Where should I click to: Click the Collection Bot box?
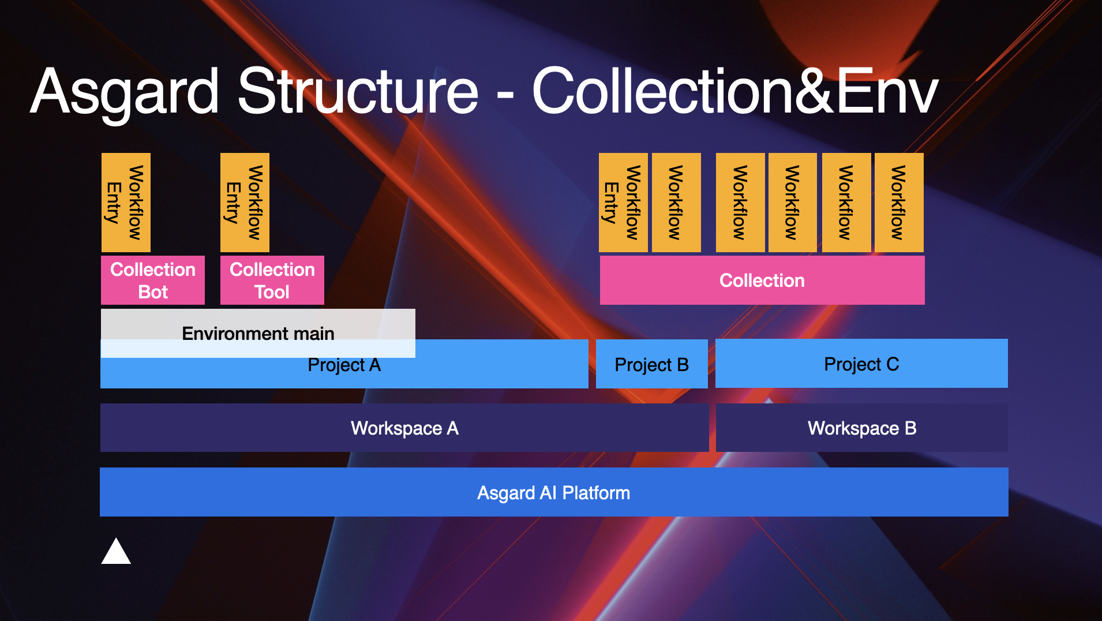point(153,280)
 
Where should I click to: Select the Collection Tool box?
point(272,280)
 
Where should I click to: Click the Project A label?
point(344,365)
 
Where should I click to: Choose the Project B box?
point(651,364)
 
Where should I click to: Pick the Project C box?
point(861,364)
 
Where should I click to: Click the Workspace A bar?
point(404,428)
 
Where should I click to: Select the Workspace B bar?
point(861,428)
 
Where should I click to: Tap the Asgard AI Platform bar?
point(554,492)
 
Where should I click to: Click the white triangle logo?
point(116,552)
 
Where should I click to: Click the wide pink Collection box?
point(762,280)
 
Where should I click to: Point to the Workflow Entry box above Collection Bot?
point(126,202)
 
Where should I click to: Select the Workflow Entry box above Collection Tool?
point(245,202)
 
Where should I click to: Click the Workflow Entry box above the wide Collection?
point(623,202)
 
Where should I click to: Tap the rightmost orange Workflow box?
point(899,202)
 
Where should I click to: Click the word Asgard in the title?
point(125,92)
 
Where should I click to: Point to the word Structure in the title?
point(358,92)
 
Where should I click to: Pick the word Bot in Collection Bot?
point(153,292)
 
